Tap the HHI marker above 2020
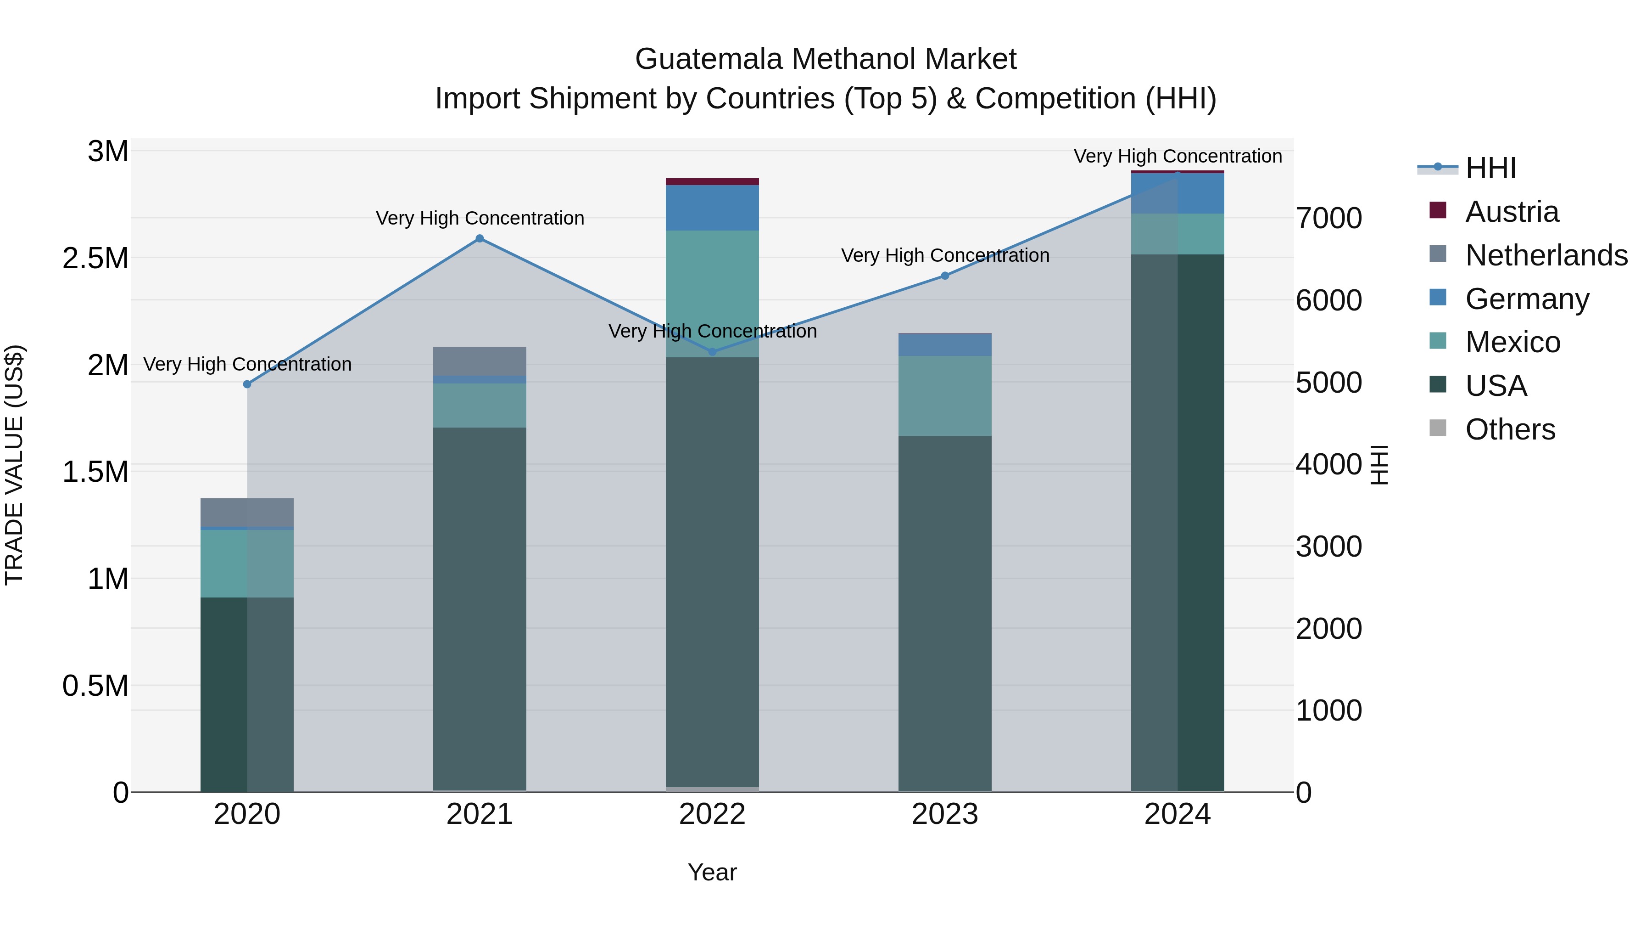tap(247, 384)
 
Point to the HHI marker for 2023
tap(945, 276)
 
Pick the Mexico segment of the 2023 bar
tap(945, 395)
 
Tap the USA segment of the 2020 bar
tap(247, 693)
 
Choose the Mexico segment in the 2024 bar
tap(1178, 234)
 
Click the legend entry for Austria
tap(1512, 212)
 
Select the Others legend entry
tap(1510, 429)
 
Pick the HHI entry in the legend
tap(1490, 168)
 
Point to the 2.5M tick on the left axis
tap(95, 259)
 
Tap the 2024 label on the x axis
tap(1178, 814)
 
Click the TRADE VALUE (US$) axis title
tap(14, 465)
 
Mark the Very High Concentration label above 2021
tap(480, 218)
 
